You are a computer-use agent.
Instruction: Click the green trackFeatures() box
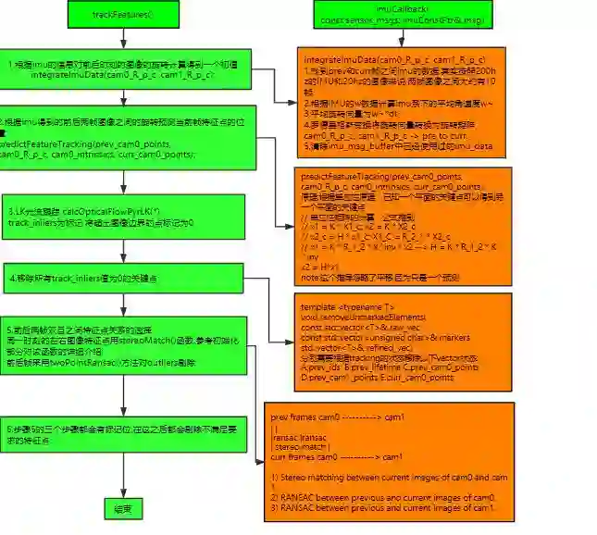click(x=122, y=15)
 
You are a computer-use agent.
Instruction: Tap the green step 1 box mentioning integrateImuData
click(x=125, y=69)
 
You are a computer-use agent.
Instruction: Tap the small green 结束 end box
click(x=122, y=509)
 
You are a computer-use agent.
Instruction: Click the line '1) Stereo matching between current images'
click(x=389, y=478)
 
